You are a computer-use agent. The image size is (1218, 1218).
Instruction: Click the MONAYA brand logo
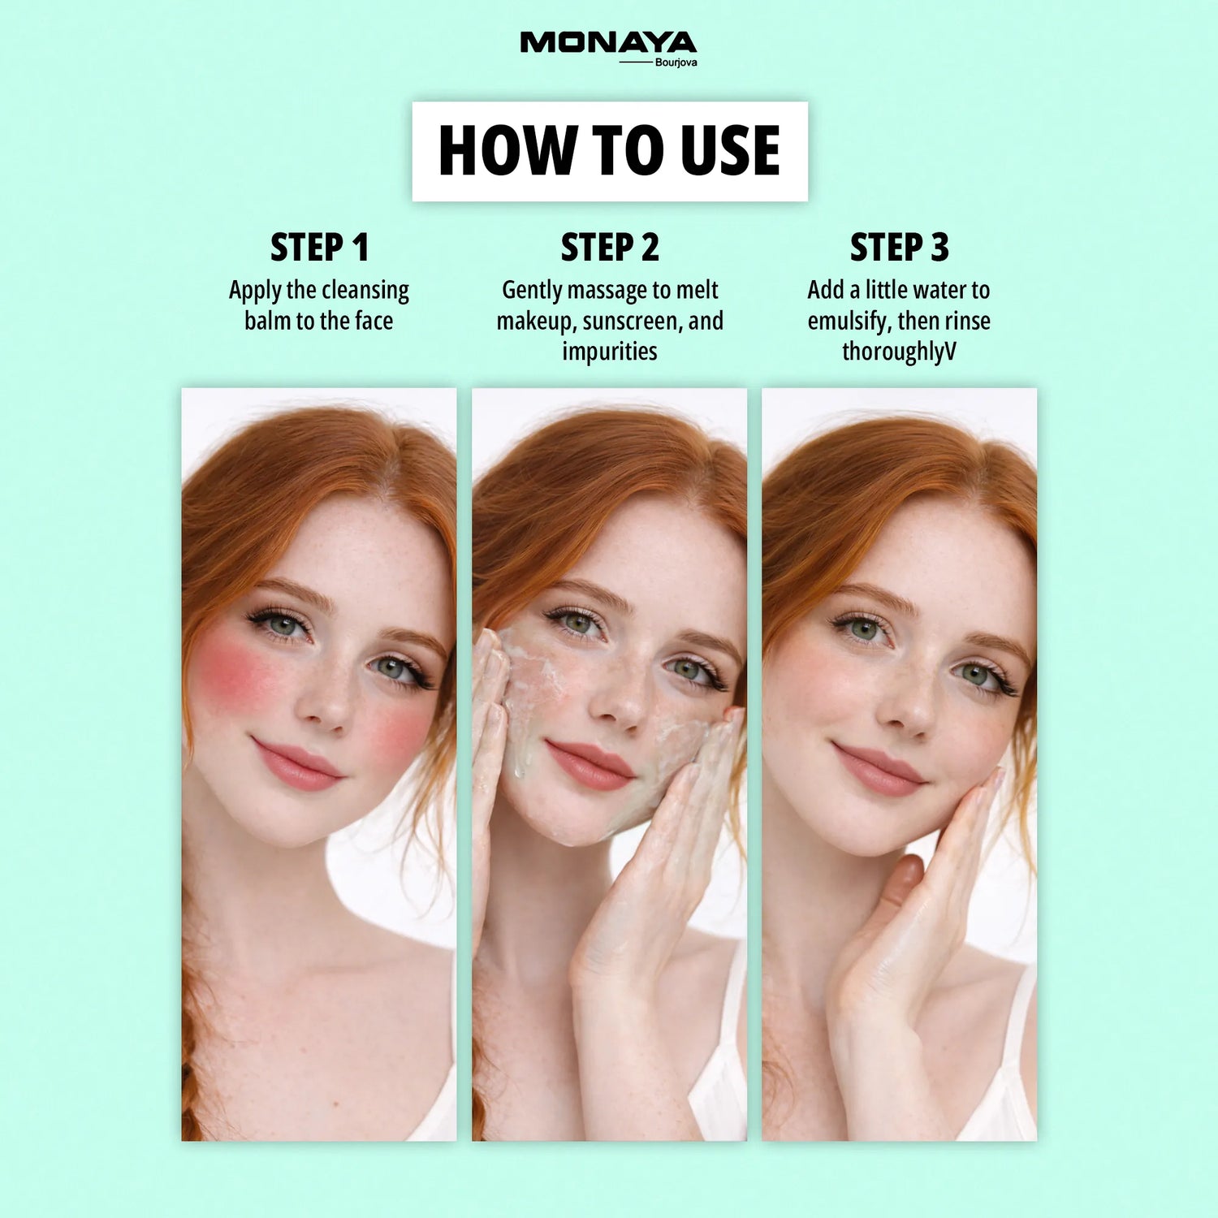pos(608,43)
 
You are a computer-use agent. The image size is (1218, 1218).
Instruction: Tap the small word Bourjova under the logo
pos(676,63)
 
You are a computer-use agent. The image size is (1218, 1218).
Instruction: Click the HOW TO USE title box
pos(610,151)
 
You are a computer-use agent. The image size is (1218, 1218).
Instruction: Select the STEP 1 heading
pos(319,248)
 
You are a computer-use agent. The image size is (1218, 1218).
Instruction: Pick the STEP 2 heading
pos(610,248)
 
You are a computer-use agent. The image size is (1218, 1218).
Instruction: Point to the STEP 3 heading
pos(899,248)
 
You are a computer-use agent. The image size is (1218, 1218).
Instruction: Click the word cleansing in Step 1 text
pos(365,291)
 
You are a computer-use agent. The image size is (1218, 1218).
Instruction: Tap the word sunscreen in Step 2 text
pos(633,322)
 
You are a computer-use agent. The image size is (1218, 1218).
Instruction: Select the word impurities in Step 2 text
pos(610,352)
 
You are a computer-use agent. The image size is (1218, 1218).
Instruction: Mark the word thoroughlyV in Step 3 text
pos(899,352)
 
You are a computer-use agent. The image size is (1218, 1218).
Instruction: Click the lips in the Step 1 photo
pos(297,765)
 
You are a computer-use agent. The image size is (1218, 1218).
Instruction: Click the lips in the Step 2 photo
pos(590,765)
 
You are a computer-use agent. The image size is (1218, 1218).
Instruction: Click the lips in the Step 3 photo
pos(879,769)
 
